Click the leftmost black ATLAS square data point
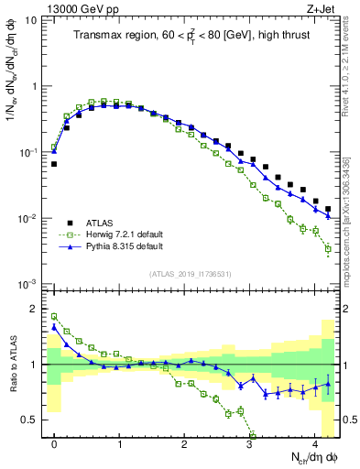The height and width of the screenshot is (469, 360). (54, 164)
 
